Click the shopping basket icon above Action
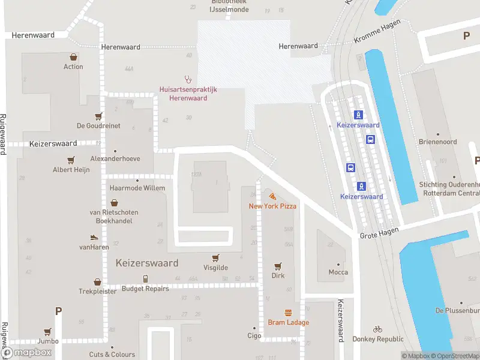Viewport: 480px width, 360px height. pos(73,57)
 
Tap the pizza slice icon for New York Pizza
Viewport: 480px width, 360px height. pos(272,196)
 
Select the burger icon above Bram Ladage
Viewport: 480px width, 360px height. pos(289,313)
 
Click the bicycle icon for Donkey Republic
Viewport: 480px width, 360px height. pos(377,329)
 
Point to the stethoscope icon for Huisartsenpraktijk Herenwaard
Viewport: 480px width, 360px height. pos(188,78)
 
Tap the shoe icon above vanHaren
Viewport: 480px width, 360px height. pos(94,238)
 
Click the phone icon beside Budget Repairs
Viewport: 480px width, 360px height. pos(145,278)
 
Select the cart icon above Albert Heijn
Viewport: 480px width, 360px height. pos(71,160)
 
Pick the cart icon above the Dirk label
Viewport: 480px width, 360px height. pos(278,266)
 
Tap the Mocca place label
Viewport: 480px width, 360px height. pos(338,272)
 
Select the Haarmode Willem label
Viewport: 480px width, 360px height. pos(137,188)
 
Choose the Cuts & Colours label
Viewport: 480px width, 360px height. pos(112,355)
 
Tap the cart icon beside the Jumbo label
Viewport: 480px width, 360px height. pos(47,331)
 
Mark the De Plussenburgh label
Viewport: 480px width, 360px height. pos(457,310)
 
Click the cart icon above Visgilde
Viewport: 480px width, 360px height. pos(214,257)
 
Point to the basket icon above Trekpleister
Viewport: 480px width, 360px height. pos(97,281)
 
